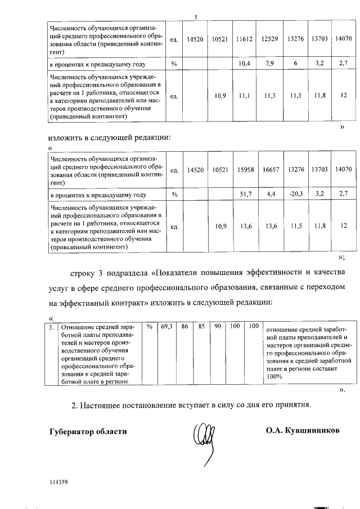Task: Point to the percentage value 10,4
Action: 244,64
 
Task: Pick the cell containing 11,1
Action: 244,96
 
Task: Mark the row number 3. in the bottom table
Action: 51,326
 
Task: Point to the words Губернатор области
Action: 88,432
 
